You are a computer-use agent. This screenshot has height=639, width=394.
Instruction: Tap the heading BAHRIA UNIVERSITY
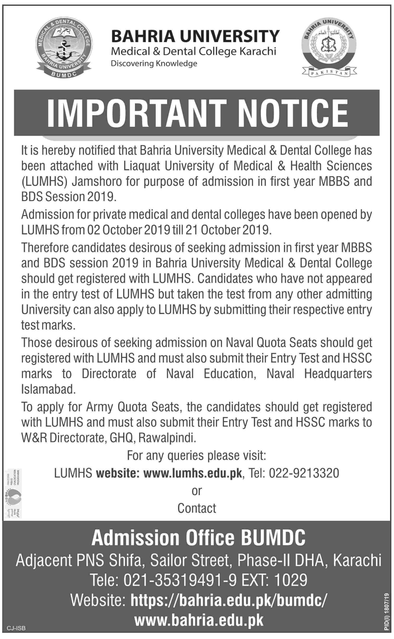pyautogui.click(x=195, y=36)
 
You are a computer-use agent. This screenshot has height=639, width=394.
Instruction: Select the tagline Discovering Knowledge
pyautogui.click(x=154, y=63)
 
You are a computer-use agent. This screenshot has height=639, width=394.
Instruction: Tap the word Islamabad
pyautogui.click(x=48, y=389)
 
